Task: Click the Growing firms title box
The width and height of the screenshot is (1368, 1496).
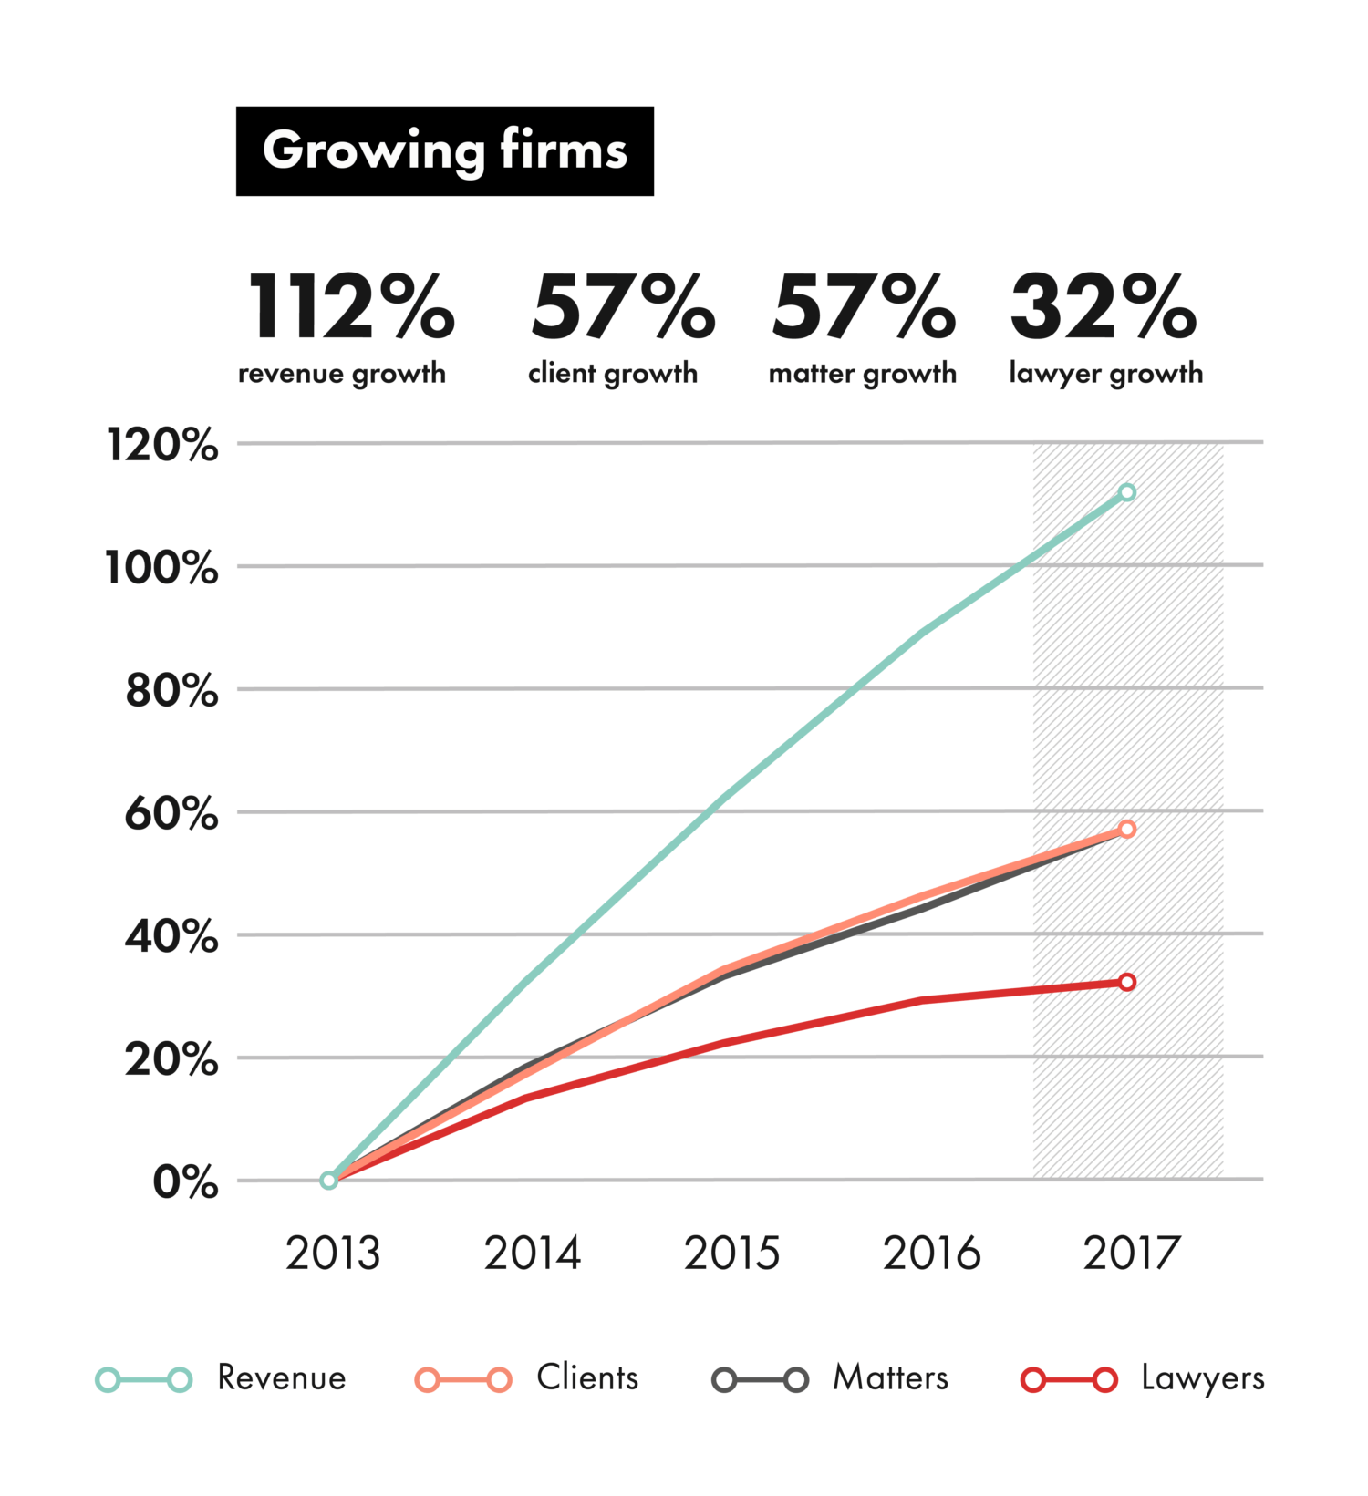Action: [x=444, y=151]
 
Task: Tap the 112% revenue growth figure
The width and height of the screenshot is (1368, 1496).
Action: [x=351, y=307]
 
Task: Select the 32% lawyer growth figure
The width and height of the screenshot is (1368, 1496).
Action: [x=1103, y=307]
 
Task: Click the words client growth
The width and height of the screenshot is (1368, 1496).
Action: [x=612, y=373]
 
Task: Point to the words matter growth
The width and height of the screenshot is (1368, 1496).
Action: [x=862, y=373]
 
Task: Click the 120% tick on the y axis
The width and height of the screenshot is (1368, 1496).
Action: [x=162, y=446]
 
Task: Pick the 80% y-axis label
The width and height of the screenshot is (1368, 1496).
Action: [x=171, y=690]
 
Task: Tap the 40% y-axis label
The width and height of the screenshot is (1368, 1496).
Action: [x=171, y=936]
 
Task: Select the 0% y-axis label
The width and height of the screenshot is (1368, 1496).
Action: [x=185, y=1182]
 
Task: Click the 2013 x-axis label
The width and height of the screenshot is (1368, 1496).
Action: [x=332, y=1254]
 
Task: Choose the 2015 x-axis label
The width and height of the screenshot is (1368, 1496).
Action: [x=731, y=1254]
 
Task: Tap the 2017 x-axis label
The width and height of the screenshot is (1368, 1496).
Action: [x=1131, y=1254]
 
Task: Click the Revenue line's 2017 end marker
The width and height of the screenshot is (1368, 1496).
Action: [x=1127, y=492]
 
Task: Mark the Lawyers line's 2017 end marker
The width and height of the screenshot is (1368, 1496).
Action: [x=1127, y=982]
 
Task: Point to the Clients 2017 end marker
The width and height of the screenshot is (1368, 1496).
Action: [x=1127, y=829]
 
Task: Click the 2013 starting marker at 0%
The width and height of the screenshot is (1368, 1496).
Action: [x=329, y=1180]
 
